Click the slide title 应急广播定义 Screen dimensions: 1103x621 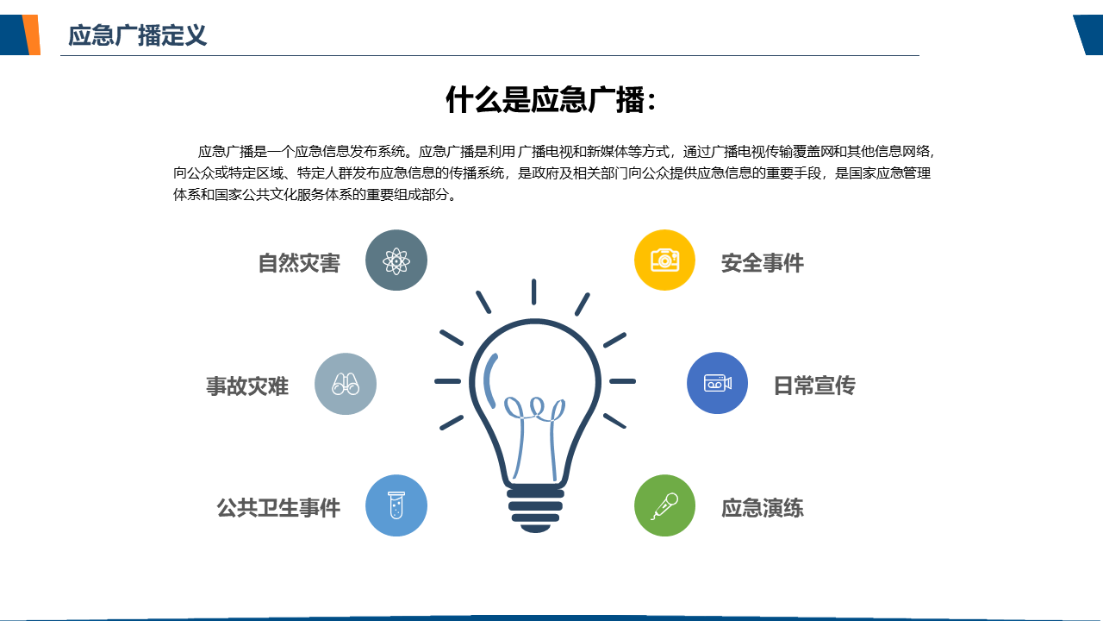coord(137,35)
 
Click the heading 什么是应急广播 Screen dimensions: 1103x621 coord(545,99)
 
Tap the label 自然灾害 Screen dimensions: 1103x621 coord(299,263)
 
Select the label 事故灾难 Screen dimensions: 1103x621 coord(247,386)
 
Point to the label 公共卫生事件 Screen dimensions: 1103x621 coord(278,508)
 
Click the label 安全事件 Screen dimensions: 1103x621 coord(763,263)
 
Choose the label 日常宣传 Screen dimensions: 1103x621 coord(814,385)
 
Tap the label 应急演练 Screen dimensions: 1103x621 coord(763,508)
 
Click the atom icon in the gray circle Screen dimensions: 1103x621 coord(396,260)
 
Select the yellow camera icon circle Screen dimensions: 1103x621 coord(664,260)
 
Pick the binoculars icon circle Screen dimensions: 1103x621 coord(346,384)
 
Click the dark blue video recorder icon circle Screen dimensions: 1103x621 coord(718,383)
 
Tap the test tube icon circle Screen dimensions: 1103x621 coord(396,505)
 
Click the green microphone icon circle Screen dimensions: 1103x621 coord(664,505)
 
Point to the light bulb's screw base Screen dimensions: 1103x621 coord(535,510)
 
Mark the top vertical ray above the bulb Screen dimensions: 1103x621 coord(533,292)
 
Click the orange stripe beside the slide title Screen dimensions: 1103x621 coord(32,34)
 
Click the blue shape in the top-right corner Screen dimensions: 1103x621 coord(1088,34)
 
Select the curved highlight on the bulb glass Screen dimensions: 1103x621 coord(488,379)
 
